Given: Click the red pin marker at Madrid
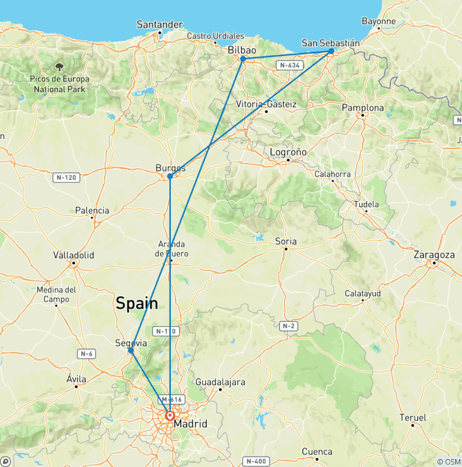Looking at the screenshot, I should click(170, 415).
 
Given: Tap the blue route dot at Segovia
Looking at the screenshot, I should click(131, 350).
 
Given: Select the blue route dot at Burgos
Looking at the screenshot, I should click(170, 176).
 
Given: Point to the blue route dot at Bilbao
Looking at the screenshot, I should click(243, 59).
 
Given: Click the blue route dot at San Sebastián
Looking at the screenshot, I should click(331, 51).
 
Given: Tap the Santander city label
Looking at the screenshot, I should click(159, 24).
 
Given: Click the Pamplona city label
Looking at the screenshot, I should click(362, 108).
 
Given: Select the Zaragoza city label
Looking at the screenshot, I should click(434, 255).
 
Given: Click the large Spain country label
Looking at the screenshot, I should click(137, 303).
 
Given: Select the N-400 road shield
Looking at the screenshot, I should click(254, 461).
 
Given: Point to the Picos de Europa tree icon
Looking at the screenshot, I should click(60, 67).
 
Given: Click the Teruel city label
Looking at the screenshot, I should click(413, 418).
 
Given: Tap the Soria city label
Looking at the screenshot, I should click(286, 241).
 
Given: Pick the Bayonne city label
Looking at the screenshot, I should click(378, 21).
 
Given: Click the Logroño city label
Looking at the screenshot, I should click(288, 152).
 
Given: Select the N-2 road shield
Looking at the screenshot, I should click(288, 326).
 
